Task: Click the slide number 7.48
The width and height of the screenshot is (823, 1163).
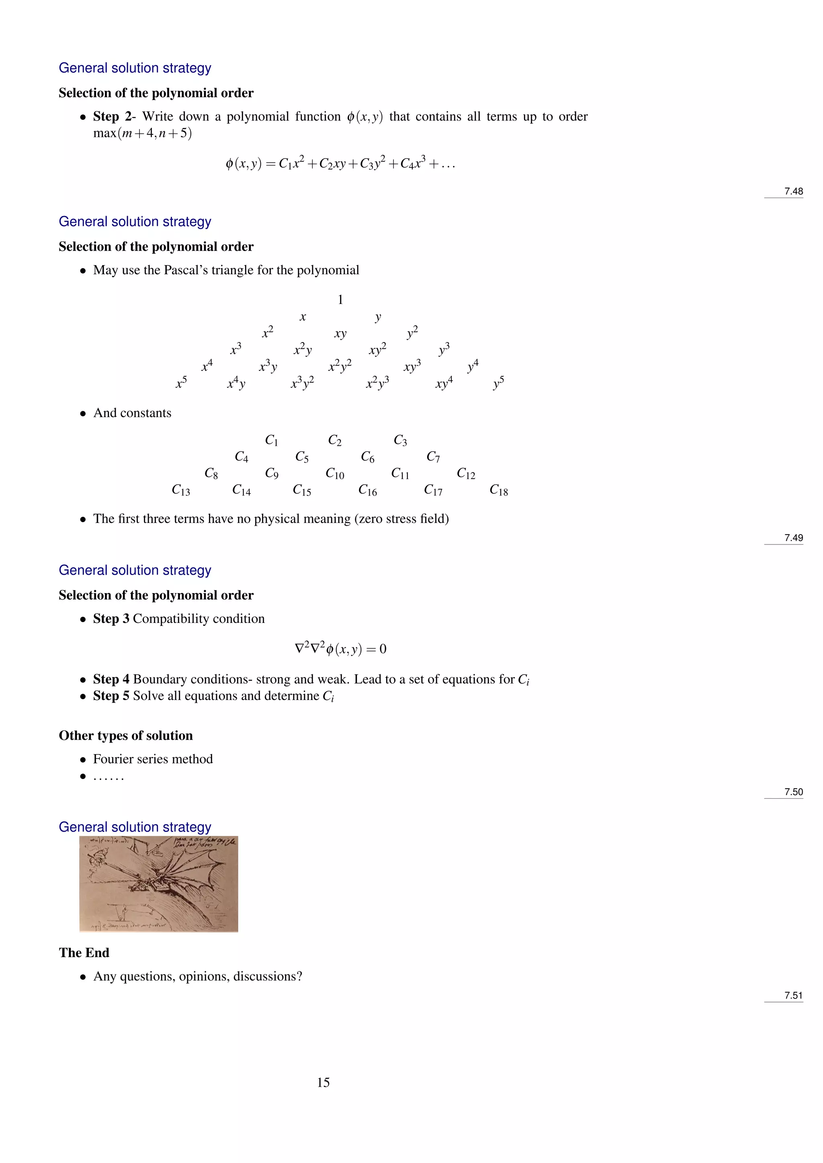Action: tap(793, 192)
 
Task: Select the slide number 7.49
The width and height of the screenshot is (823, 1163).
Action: tap(793, 538)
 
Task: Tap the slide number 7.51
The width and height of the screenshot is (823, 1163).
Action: tap(793, 996)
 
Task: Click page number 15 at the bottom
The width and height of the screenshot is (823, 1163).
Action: tap(323, 1082)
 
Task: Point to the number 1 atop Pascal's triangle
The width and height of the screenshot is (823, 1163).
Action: tap(340, 300)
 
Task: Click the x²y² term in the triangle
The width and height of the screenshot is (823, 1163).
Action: tap(340, 366)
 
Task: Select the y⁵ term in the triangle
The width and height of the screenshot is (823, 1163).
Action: tap(499, 384)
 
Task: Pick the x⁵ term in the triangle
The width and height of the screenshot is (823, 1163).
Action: tap(181, 384)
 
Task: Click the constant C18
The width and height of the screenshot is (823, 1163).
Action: tap(499, 490)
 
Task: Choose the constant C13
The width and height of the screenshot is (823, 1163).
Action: tap(181, 490)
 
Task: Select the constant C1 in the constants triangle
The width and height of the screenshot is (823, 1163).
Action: tap(272, 441)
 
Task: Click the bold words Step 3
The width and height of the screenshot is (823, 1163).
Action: tap(111, 619)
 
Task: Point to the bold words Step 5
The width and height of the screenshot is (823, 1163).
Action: tap(111, 696)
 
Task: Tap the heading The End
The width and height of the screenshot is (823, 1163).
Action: tap(84, 953)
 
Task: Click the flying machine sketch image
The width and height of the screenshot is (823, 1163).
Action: tap(159, 884)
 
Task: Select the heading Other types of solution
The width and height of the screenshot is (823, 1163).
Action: tap(126, 735)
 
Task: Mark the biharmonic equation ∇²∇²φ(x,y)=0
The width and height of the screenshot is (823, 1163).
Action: tap(340, 649)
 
